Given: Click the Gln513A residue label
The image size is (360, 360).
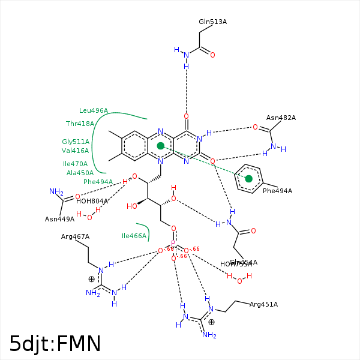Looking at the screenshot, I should [x=212, y=22].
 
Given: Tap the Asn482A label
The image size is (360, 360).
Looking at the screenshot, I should [x=281, y=118].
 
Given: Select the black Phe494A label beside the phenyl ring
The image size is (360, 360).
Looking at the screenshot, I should [x=277, y=191].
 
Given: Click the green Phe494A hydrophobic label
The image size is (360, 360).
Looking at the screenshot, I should [x=98, y=182].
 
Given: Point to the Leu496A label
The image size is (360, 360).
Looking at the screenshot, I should [x=94, y=110].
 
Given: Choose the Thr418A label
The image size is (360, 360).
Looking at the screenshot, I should [x=80, y=124].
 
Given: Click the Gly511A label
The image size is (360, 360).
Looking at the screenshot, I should [x=76, y=142].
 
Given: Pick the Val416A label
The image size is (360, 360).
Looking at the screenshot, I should [x=75, y=151].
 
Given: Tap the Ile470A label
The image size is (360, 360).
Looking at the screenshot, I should [x=75, y=164].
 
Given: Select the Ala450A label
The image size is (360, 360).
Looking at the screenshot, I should [x=80, y=173].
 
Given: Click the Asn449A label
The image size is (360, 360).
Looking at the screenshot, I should [x=59, y=219].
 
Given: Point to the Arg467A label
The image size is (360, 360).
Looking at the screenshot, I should [x=75, y=236].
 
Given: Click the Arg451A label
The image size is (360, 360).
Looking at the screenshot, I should [x=263, y=304].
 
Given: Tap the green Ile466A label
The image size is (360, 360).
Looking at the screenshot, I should [x=134, y=236].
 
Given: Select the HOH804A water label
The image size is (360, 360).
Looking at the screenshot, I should [x=92, y=201].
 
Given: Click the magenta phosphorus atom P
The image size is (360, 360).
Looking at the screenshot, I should [x=173, y=244].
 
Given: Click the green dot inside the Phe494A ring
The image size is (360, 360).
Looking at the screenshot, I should [x=249, y=179].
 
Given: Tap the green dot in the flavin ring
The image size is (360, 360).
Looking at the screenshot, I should [x=161, y=146].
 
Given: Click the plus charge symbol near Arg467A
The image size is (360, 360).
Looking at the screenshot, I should [x=91, y=279].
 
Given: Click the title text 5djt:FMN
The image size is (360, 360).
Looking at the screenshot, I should [x=55, y=343].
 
